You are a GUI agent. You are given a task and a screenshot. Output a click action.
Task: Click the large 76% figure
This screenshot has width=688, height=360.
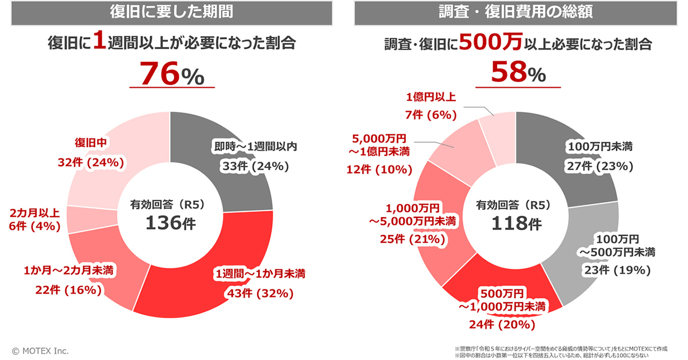point(171,73)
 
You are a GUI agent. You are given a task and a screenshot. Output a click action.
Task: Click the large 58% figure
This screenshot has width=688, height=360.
point(518,73)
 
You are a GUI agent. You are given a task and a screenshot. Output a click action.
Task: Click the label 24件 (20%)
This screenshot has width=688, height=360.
point(502,324)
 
